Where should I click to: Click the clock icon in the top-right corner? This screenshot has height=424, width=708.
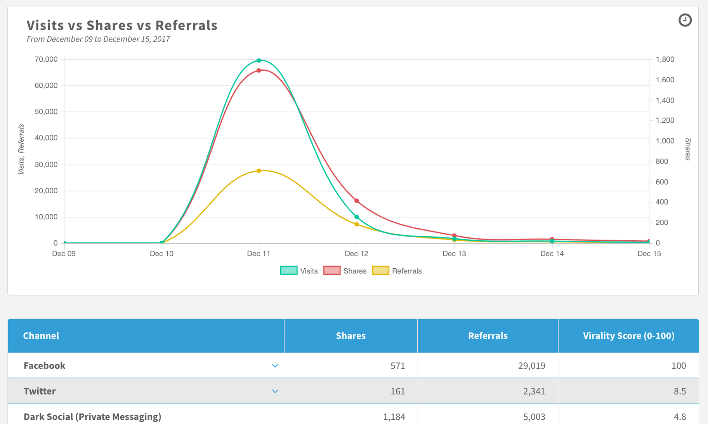[685, 20]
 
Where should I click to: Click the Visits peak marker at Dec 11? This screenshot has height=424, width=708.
[259, 61]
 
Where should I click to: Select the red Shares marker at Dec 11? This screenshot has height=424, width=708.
[259, 71]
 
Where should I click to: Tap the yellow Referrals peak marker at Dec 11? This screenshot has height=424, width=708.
[259, 171]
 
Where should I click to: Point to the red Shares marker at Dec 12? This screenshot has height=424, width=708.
[357, 201]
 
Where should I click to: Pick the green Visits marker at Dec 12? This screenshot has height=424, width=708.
[357, 217]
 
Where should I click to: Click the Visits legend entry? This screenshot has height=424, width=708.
[299, 271]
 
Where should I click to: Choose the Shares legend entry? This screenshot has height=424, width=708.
[345, 271]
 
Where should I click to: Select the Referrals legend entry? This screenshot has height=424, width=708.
[397, 271]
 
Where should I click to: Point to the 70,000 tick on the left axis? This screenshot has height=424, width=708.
[46, 59]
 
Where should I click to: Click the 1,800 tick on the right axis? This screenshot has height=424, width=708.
[665, 59]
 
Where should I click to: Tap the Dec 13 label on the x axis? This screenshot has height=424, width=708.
[454, 254]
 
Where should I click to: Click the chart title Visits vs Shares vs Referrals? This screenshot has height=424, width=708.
[122, 25]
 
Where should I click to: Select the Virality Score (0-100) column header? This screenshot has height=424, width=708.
[628, 336]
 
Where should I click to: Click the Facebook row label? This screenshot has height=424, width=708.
[44, 366]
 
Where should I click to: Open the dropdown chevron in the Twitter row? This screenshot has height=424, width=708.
[275, 391]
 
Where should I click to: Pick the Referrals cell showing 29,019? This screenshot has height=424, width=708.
[531, 366]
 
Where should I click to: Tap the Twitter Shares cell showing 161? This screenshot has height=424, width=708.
[397, 391]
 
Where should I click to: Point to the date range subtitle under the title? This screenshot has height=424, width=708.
[98, 39]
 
